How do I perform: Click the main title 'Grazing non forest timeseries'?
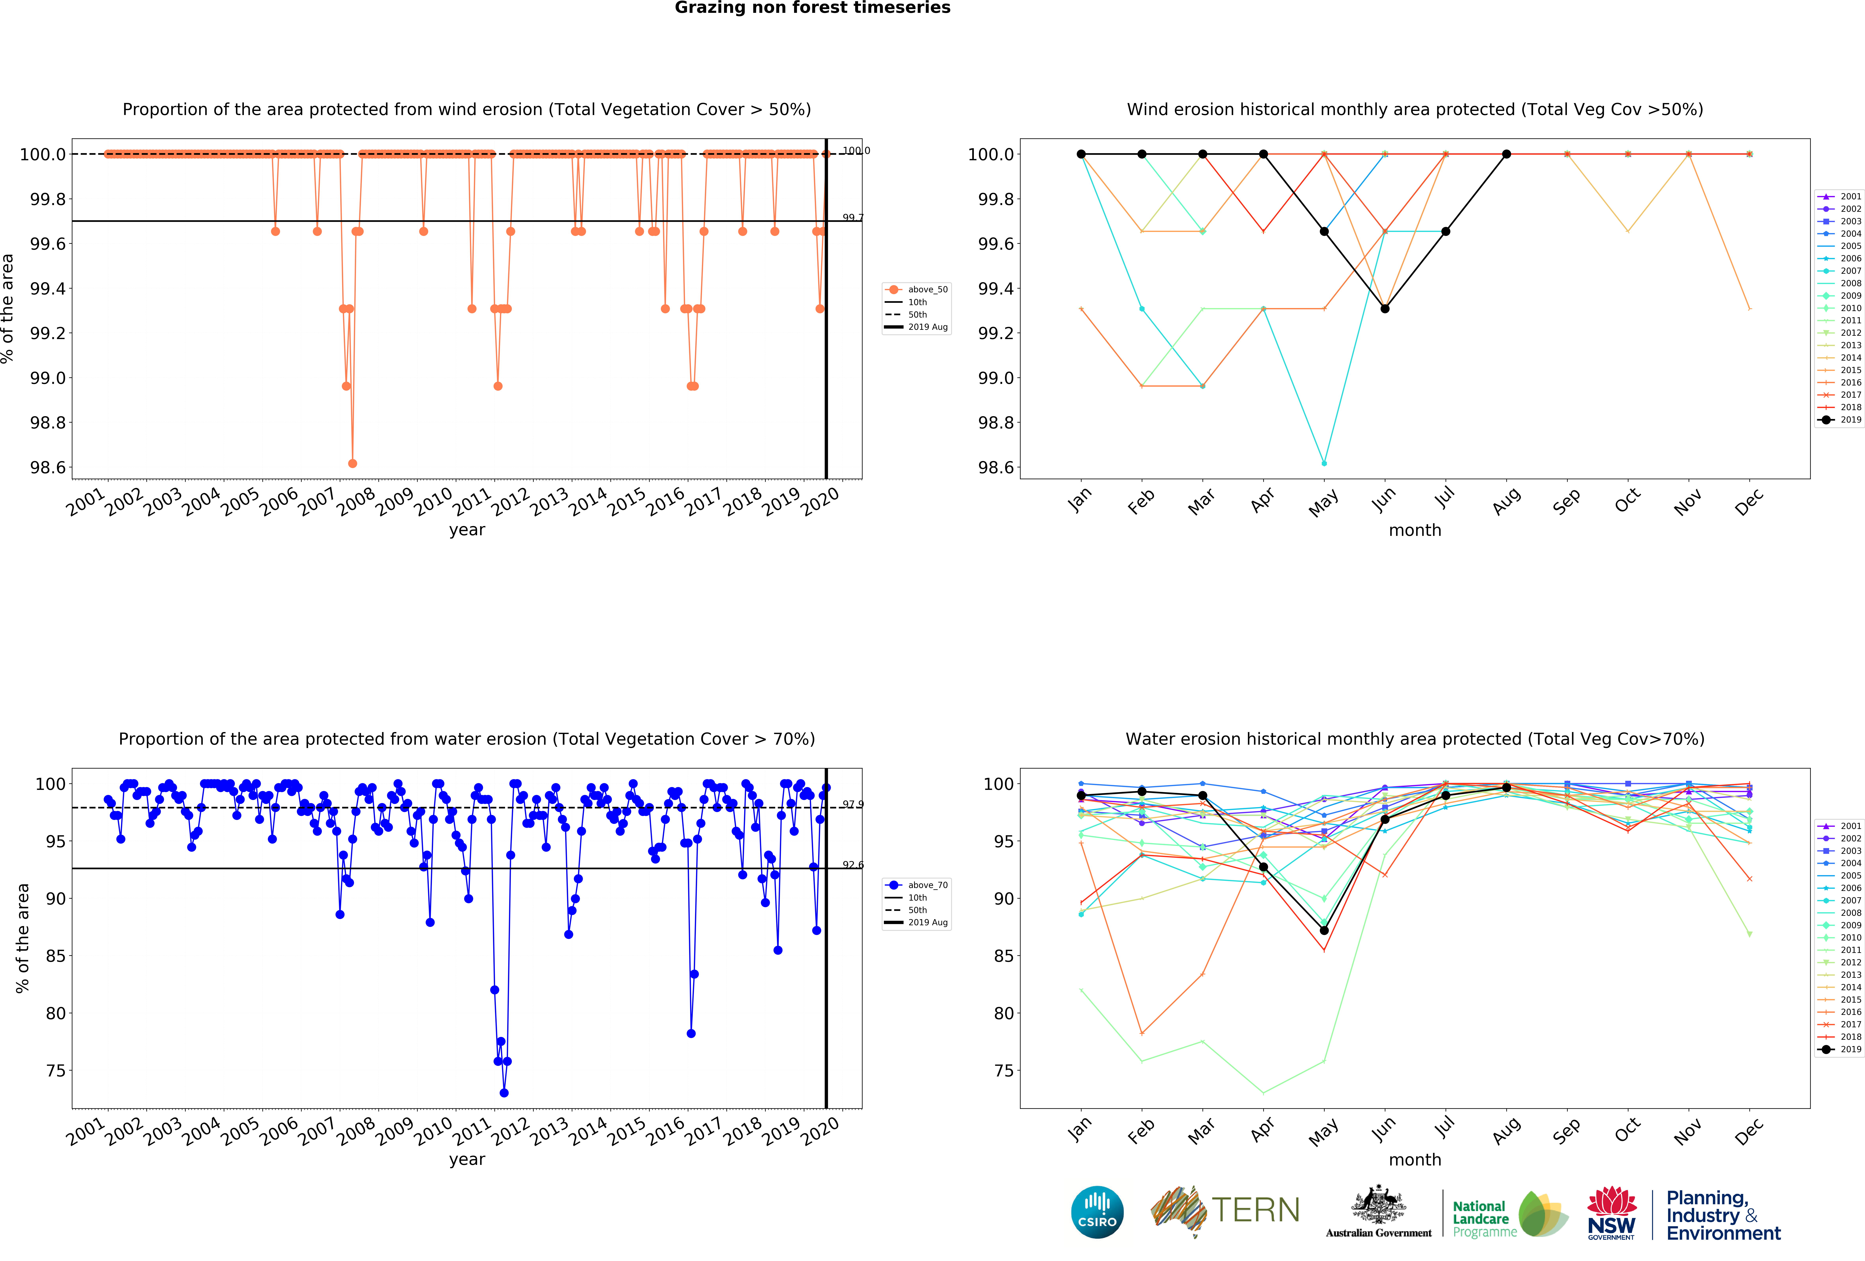(x=812, y=8)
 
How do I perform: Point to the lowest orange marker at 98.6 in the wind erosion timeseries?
(x=352, y=463)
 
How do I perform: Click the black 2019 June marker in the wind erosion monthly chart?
(x=1384, y=308)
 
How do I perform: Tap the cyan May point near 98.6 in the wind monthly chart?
(x=1323, y=463)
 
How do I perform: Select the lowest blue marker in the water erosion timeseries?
(x=503, y=1092)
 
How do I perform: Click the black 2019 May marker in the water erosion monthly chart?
(x=1323, y=930)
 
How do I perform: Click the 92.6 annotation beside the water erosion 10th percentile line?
(x=852, y=864)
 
